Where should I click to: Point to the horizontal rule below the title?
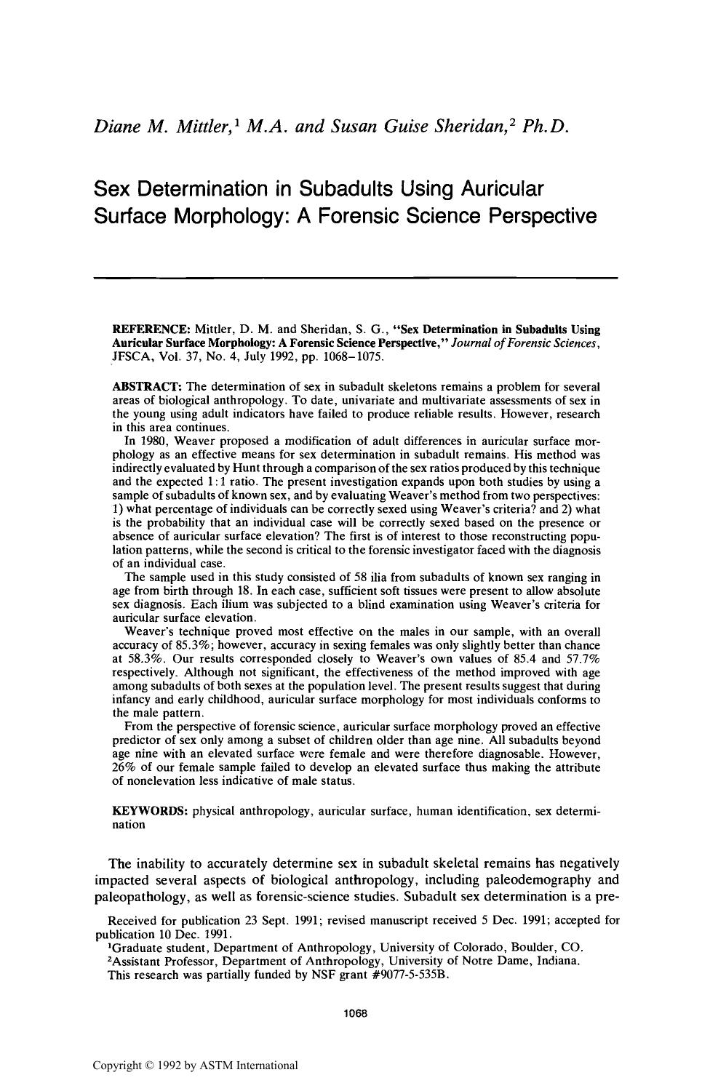click(x=356, y=277)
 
